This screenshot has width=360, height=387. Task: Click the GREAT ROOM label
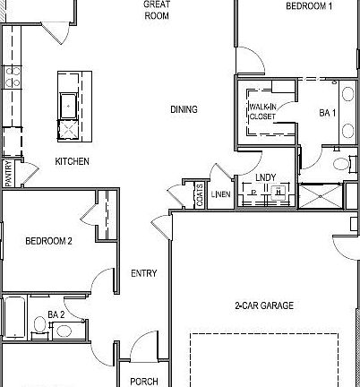click(x=157, y=10)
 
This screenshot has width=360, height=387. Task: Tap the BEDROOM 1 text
click(x=309, y=6)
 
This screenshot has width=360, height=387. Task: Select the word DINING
click(x=184, y=109)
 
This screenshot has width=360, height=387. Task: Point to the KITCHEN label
click(x=73, y=161)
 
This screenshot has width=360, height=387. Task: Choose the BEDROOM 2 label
click(x=48, y=240)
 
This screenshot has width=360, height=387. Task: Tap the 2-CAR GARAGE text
click(x=264, y=305)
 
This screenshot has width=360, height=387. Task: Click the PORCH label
click(x=144, y=381)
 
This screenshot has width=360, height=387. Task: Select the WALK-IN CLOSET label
click(x=262, y=111)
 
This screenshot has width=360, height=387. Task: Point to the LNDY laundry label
click(x=264, y=177)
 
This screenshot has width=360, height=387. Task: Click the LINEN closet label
click(x=220, y=194)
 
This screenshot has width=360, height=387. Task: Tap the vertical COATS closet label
click(x=199, y=195)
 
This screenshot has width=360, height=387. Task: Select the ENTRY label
click(x=144, y=273)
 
